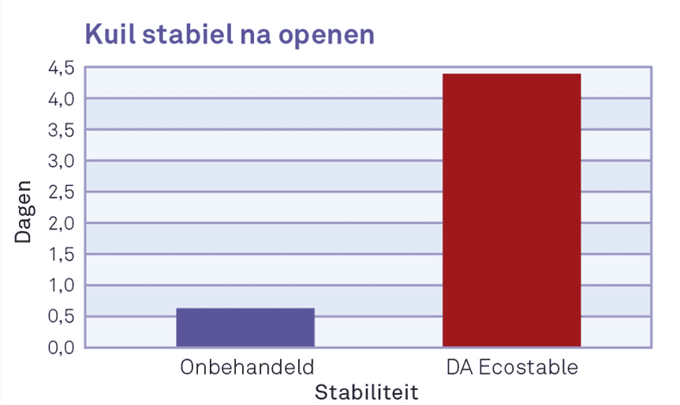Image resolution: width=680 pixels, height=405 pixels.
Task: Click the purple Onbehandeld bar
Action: pos(245,328)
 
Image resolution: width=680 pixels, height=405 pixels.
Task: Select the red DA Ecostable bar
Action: pos(511,210)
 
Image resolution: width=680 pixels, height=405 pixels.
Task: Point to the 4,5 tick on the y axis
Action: pos(62,69)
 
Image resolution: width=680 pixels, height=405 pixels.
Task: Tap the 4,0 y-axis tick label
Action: pos(62,99)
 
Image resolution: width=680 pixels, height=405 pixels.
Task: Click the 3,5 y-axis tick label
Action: pos(62,130)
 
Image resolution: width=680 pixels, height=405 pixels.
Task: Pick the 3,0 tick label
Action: pos(62,162)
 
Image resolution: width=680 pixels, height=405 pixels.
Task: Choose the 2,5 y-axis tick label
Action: pos(62,193)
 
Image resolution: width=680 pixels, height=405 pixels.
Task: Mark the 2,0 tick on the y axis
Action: pos(62,224)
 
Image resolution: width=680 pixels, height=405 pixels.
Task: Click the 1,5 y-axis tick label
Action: pos(62,255)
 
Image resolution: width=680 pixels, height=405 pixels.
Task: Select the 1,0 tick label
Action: pos(62,286)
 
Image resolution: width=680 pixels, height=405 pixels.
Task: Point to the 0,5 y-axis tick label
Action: pos(62,317)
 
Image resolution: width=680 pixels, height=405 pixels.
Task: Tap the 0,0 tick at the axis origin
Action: pos(62,347)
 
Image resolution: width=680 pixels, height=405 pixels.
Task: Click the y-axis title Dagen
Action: pos(23,211)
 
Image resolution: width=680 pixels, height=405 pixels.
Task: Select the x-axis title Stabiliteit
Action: pos(367,392)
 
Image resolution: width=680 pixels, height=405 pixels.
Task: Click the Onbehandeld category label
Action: pos(247,367)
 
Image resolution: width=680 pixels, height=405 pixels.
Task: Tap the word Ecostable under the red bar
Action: pos(529,367)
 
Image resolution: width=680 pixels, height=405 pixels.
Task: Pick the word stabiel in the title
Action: pos(188,34)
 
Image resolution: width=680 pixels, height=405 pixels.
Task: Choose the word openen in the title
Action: pos(326,36)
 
